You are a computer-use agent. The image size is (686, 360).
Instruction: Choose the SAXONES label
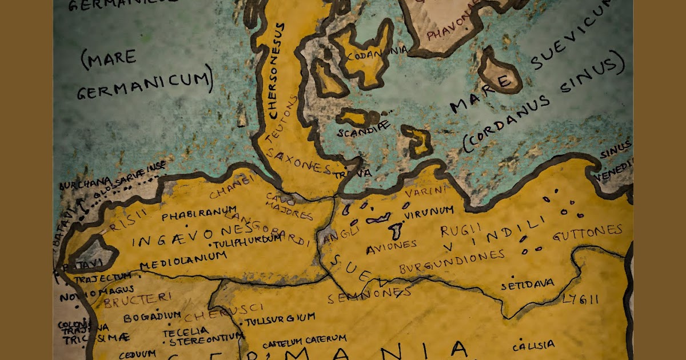click(300, 161)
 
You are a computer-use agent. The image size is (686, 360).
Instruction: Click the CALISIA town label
click(533, 345)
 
